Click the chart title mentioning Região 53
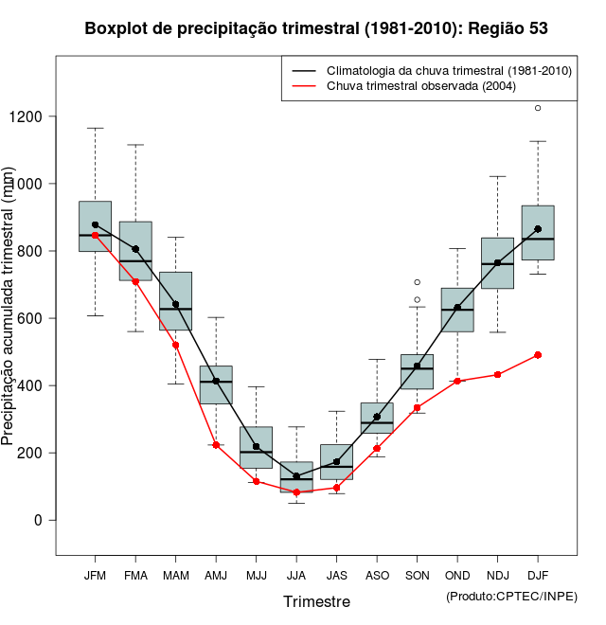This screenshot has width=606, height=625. [316, 28]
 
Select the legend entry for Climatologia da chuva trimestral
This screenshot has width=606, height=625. [448, 71]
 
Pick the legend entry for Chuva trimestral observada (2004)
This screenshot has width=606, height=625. [420, 86]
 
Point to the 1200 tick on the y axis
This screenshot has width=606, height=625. [32, 116]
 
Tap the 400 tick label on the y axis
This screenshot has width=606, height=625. [32, 385]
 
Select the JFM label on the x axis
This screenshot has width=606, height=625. [95, 575]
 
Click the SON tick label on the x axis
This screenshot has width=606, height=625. [417, 575]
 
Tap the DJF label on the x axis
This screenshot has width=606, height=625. [538, 575]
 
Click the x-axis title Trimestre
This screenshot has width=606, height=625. [316, 601]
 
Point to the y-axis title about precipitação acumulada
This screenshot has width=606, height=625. [9, 308]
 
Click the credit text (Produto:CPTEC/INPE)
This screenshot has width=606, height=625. [511, 596]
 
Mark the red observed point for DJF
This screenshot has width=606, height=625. [538, 355]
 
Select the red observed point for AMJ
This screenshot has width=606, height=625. [216, 445]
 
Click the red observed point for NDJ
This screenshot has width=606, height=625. [497, 375]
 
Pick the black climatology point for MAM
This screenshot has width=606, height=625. [175, 305]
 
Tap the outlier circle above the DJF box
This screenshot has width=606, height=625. [538, 108]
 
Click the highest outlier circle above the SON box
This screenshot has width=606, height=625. [417, 282]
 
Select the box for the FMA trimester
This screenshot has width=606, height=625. [135, 251]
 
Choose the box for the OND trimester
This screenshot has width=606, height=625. [457, 310]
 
